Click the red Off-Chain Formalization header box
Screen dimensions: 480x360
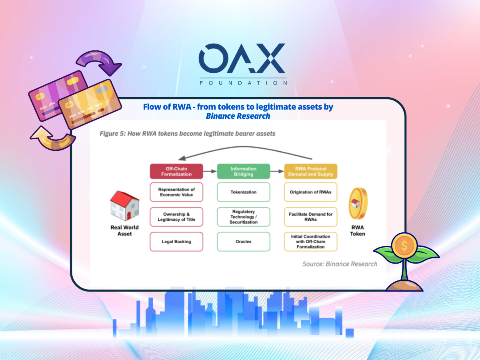point(176,171)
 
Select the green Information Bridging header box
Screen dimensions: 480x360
point(243,171)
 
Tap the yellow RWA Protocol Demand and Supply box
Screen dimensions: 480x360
point(310,171)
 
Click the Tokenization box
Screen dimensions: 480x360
point(243,192)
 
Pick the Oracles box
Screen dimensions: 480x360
point(243,242)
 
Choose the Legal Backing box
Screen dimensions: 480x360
point(176,242)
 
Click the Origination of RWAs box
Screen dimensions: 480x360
point(310,192)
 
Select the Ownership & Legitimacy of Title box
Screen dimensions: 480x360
point(176,217)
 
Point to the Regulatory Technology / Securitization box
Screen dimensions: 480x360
point(243,217)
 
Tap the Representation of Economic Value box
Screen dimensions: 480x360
point(176,192)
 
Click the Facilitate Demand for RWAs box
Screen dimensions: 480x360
point(310,217)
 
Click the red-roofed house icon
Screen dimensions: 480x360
point(125,206)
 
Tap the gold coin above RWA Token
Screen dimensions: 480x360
point(358,203)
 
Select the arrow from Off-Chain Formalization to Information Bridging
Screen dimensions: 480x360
point(210,171)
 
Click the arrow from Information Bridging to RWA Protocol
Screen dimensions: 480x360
point(277,171)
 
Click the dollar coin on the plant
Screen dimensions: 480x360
point(404,246)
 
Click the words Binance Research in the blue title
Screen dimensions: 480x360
point(238,116)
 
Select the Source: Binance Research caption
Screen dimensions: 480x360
point(340,264)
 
